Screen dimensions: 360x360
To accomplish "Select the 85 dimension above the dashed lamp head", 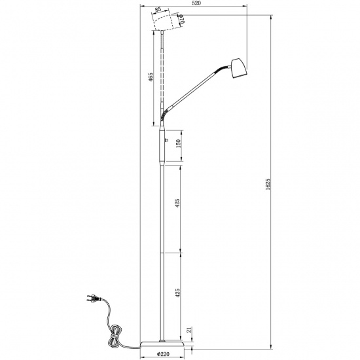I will [x=158, y=10].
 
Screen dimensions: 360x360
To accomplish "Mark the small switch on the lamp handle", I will [x=166, y=139].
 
